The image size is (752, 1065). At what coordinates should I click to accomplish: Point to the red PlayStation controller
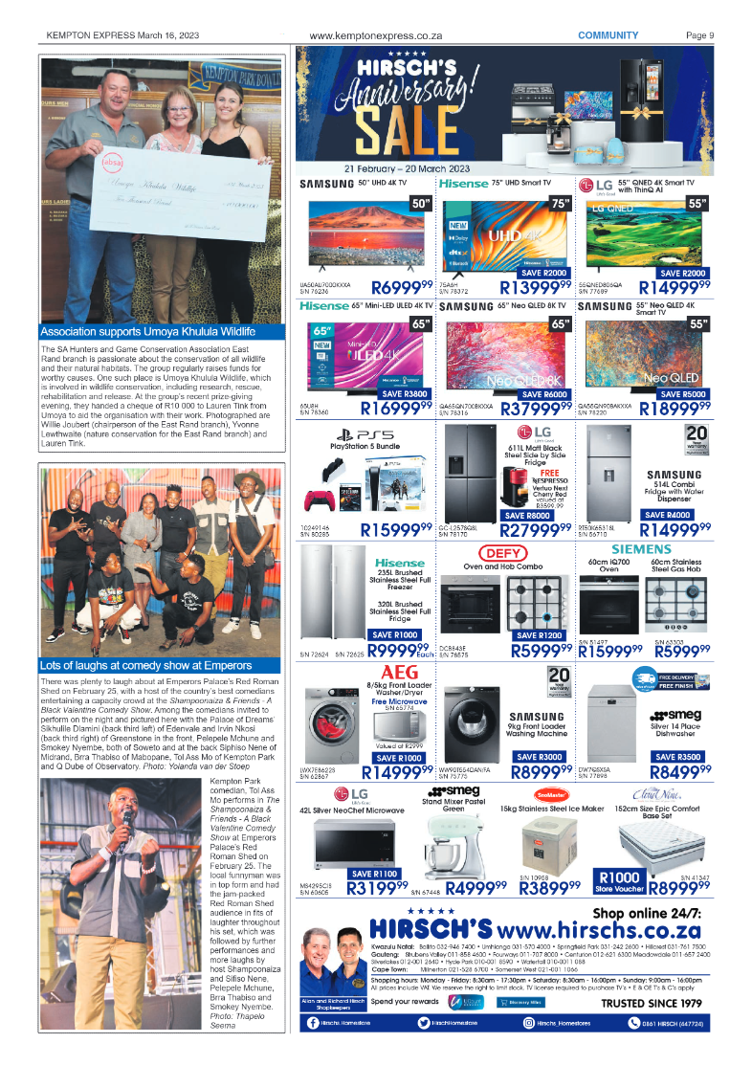pyautogui.click(x=321, y=500)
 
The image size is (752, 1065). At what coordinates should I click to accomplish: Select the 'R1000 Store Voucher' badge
pyautogui.click(x=618, y=881)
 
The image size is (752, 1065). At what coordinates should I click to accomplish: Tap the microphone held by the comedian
pyautogui.click(x=124, y=819)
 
